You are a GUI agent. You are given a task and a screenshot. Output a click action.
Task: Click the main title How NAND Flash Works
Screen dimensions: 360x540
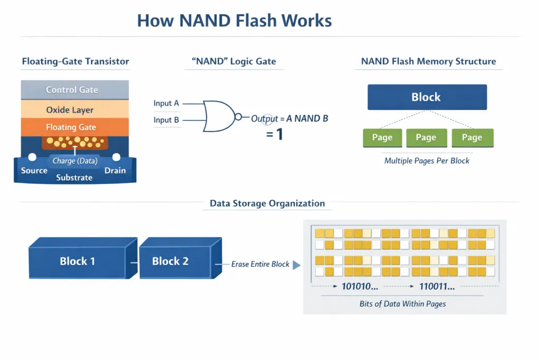click(x=234, y=21)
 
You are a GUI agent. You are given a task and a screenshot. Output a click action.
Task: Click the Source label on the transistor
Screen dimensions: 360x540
click(x=34, y=170)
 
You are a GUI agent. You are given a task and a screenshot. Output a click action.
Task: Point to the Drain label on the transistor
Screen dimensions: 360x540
click(x=115, y=170)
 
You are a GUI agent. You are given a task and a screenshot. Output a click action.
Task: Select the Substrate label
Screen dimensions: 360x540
click(x=74, y=178)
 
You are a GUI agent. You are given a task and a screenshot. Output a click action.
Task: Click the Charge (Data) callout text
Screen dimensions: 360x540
click(x=74, y=161)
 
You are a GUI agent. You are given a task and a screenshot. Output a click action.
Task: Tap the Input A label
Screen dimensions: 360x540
click(x=166, y=103)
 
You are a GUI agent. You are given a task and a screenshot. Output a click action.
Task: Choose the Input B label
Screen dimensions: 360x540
click(x=166, y=120)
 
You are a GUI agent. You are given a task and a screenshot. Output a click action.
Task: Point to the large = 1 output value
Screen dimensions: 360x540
click(x=274, y=134)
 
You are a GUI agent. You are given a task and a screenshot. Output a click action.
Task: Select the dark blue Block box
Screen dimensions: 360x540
click(x=426, y=98)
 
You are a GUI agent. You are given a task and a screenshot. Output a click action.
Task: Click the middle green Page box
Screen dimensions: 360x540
click(x=426, y=138)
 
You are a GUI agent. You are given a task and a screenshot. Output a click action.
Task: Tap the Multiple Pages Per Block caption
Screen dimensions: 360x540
click(x=427, y=160)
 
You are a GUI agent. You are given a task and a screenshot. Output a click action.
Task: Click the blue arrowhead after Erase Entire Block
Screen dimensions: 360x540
click(x=296, y=265)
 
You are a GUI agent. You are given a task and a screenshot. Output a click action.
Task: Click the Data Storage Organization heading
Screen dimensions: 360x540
click(x=267, y=203)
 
